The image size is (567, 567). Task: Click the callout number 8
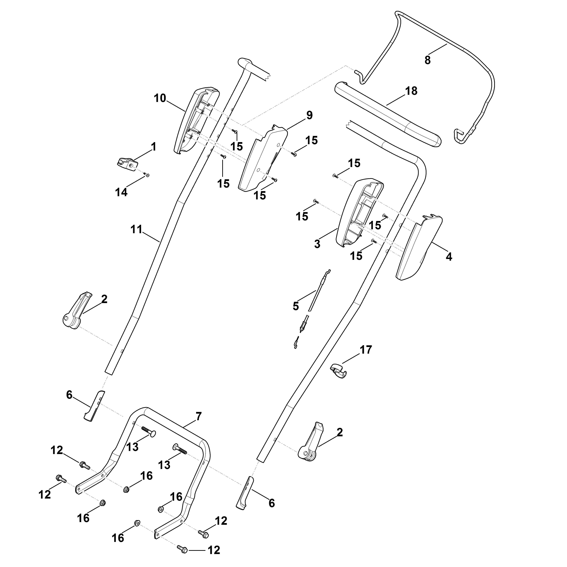coord(428,60)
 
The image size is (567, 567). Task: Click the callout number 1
coord(154,147)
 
